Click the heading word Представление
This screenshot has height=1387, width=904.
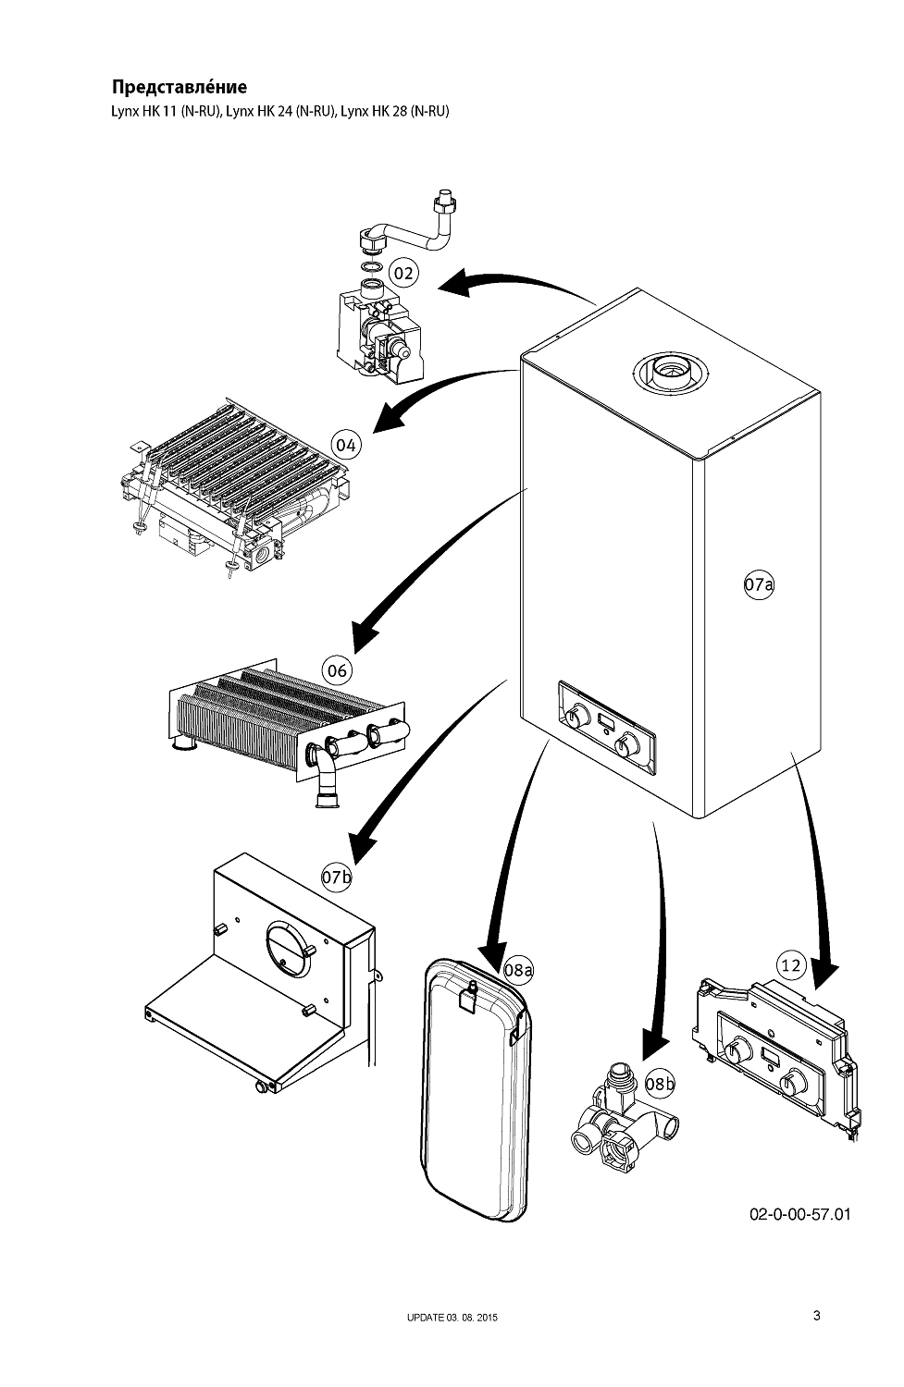pos(180,88)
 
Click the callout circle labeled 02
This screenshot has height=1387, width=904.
pos(402,273)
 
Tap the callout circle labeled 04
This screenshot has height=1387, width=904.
pos(346,445)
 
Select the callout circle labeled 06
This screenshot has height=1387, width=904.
pos(337,669)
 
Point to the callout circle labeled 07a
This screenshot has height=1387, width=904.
pos(759,584)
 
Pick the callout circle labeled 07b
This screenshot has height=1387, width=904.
pos(337,877)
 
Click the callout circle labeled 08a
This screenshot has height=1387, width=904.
pos(519,970)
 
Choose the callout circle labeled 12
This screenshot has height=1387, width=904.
pos(790,966)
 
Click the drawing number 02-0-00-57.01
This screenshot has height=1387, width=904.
pos(799,1213)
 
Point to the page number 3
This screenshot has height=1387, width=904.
pos(816,1316)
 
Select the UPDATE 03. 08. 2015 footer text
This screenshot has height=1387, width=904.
pos(452,1318)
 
